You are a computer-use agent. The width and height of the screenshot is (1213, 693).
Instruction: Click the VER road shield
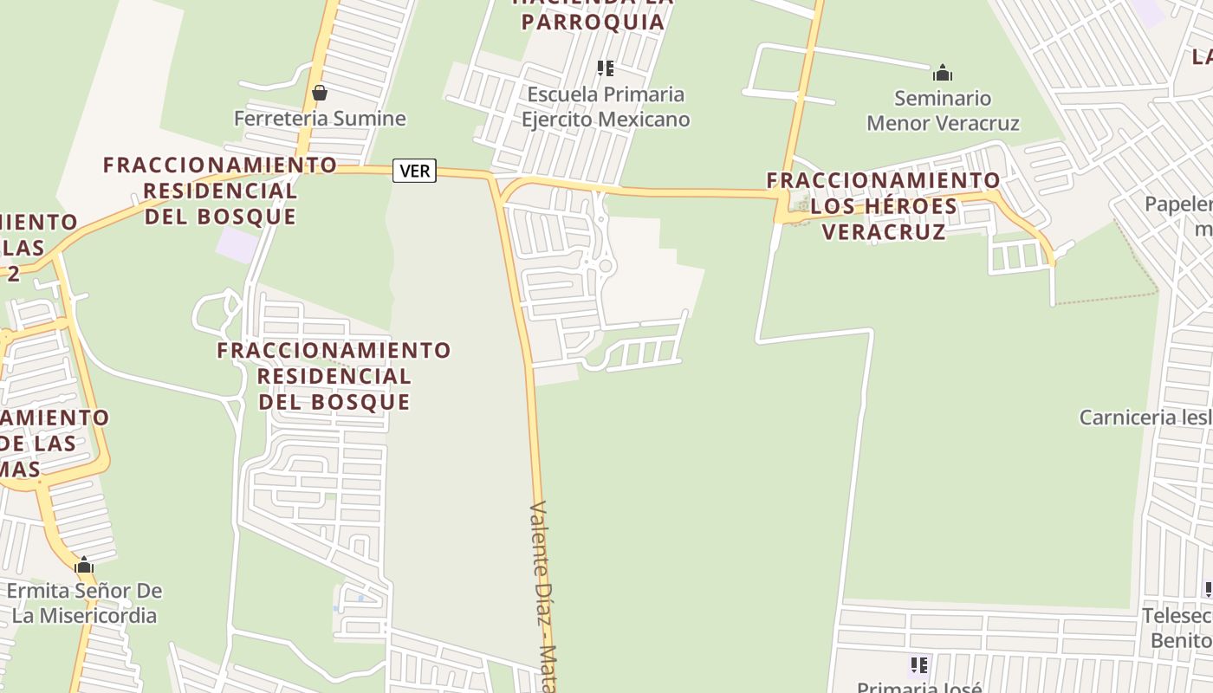click(414, 171)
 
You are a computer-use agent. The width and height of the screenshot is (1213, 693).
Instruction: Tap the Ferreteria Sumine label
click(320, 119)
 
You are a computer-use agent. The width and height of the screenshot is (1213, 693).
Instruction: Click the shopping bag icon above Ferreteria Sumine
click(320, 92)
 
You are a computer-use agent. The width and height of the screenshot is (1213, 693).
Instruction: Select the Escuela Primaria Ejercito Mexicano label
click(606, 107)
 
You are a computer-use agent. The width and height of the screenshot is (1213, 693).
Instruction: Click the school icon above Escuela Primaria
click(606, 68)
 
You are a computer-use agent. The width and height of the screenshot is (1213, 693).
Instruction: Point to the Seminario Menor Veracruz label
click(943, 110)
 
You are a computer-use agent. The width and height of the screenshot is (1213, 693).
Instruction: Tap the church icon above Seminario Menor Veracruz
click(943, 73)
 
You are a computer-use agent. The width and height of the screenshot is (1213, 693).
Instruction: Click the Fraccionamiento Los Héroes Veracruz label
click(883, 206)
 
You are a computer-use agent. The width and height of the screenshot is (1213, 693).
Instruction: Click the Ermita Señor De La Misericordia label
click(84, 603)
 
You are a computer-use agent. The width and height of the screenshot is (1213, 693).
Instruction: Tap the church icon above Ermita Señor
click(84, 567)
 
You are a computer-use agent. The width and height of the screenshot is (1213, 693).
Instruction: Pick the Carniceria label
click(1144, 418)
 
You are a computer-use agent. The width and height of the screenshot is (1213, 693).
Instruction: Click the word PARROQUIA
click(594, 23)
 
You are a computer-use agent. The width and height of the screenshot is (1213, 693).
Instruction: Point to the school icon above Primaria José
click(918, 665)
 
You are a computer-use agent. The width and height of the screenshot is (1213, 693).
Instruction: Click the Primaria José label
click(918, 688)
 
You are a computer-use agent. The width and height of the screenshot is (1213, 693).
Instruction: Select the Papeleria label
click(1178, 204)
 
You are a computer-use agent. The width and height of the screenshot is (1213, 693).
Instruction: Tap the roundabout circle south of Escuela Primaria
click(605, 267)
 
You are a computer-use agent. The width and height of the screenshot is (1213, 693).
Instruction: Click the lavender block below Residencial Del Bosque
click(237, 243)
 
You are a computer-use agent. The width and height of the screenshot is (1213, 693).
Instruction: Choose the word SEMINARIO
click(942, 98)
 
